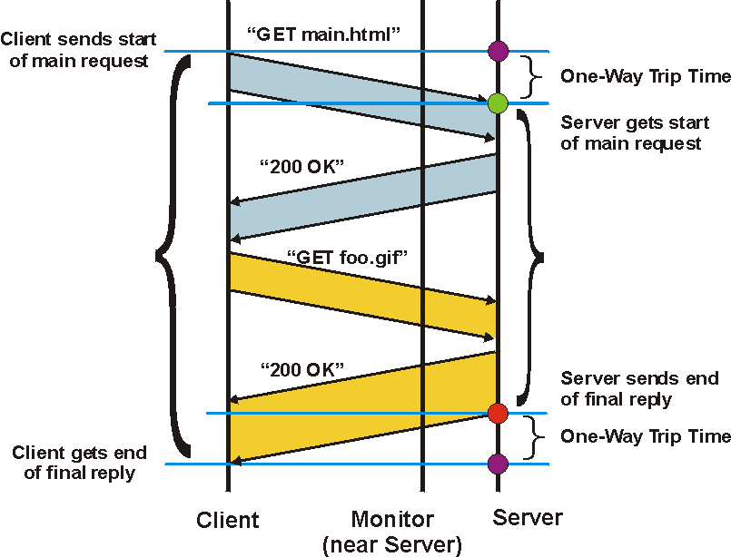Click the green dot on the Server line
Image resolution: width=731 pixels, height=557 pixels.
pyautogui.click(x=497, y=103)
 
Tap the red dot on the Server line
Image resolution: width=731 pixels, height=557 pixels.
pyautogui.click(x=497, y=414)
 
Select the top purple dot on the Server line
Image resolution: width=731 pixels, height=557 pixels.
pyautogui.click(x=497, y=51)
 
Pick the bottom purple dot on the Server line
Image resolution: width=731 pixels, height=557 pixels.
pyautogui.click(x=497, y=464)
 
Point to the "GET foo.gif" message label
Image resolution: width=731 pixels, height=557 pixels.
pyautogui.click(x=349, y=257)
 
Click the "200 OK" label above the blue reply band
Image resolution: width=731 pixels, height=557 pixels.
pyautogui.click(x=302, y=167)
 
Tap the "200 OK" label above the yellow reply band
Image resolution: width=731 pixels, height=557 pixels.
pyautogui.click(x=302, y=369)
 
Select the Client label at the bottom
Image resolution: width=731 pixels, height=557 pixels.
pyautogui.click(x=228, y=520)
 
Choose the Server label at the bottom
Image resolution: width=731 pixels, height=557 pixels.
pyautogui.click(x=528, y=518)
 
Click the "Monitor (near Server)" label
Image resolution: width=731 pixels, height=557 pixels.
pyautogui.click(x=392, y=532)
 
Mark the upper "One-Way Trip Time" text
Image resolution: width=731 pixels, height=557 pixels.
pyautogui.click(x=645, y=76)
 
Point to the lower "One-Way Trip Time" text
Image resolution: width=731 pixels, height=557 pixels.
pyautogui.click(x=645, y=436)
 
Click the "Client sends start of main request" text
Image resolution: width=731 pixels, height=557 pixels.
pyautogui.click(x=79, y=51)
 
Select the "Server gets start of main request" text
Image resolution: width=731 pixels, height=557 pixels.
pyautogui.click(x=631, y=132)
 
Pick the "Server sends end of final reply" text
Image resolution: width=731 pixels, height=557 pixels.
pyautogui.click(x=639, y=388)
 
